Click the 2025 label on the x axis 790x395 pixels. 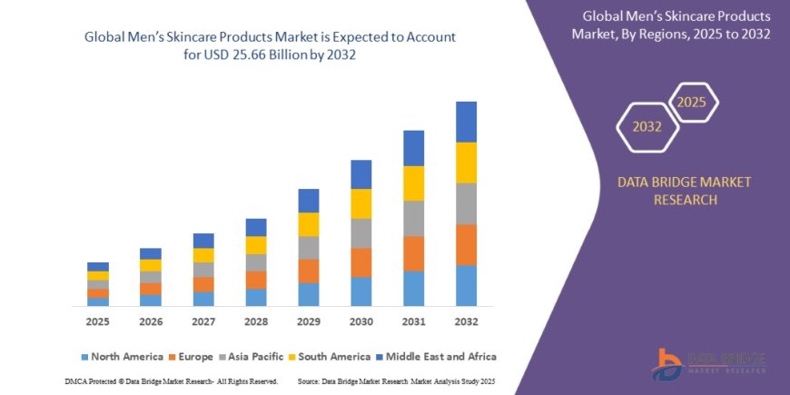[98, 321]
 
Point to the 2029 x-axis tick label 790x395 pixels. [308, 321]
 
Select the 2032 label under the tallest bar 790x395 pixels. [466, 321]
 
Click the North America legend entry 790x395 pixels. [122, 357]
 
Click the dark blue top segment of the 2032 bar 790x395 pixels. [466, 122]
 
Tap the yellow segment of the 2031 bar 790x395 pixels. [413, 183]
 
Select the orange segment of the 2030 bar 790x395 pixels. [360, 262]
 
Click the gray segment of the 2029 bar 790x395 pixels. [308, 247]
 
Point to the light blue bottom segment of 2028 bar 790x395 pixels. [256, 297]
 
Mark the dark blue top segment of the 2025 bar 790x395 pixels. [98, 266]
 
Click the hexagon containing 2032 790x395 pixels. [647, 127]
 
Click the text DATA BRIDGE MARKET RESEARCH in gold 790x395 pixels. [684, 191]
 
